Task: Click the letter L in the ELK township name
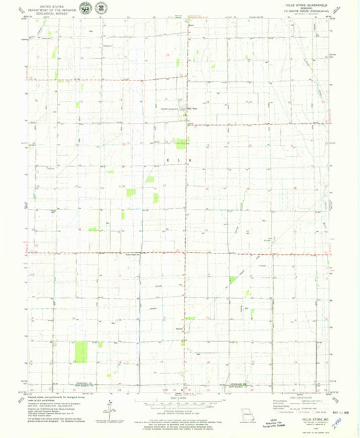pos(180,160)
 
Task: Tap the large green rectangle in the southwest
pos(81,351)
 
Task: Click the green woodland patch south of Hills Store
pos(181,142)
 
